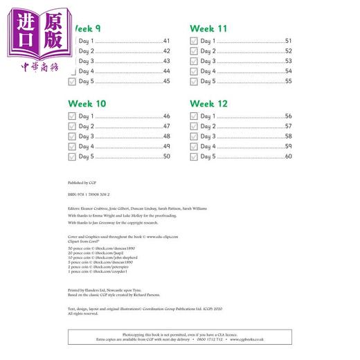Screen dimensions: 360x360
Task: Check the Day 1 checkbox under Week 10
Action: pyautogui.click(x=72, y=116)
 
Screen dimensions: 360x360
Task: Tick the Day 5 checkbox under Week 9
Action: pyautogui.click(x=72, y=82)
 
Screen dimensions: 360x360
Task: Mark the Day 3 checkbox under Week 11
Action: pyautogui.click(x=194, y=62)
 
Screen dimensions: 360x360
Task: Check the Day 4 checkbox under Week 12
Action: pyautogui.click(x=194, y=147)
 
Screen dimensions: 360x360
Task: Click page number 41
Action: pyautogui.click(x=166, y=42)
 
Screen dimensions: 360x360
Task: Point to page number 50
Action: pyautogui.click(x=166, y=157)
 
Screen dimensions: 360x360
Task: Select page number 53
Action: pyautogui.click(x=288, y=62)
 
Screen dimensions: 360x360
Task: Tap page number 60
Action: pyautogui.click(x=288, y=157)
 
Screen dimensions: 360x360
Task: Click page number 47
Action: pyautogui.click(x=166, y=127)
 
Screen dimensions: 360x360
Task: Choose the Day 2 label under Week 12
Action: pyautogui.click(x=208, y=127)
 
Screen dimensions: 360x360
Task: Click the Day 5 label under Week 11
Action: pyautogui.click(x=208, y=82)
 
